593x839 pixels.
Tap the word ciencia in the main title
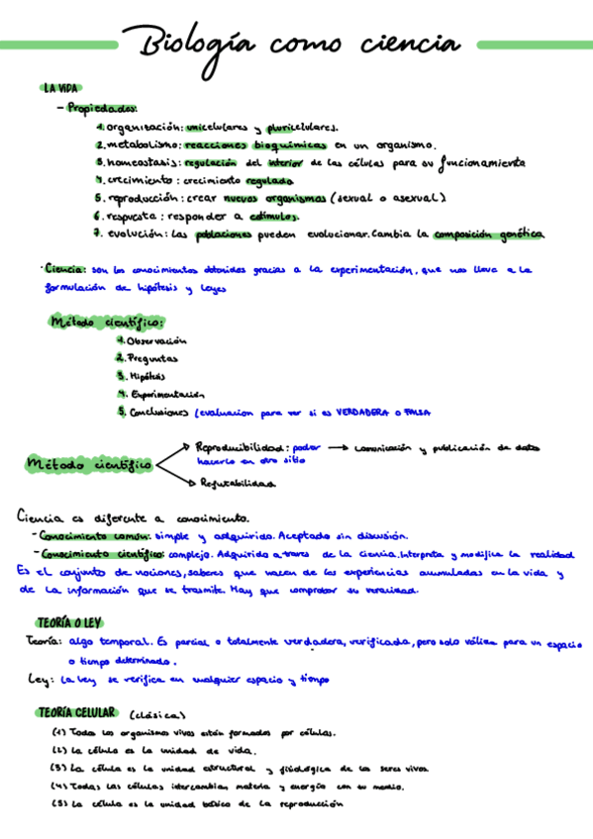tap(407, 45)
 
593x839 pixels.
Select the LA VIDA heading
tap(60, 88)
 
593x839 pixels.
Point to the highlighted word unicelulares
tap(217, 127)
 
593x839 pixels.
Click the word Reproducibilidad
tap(243, 447)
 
